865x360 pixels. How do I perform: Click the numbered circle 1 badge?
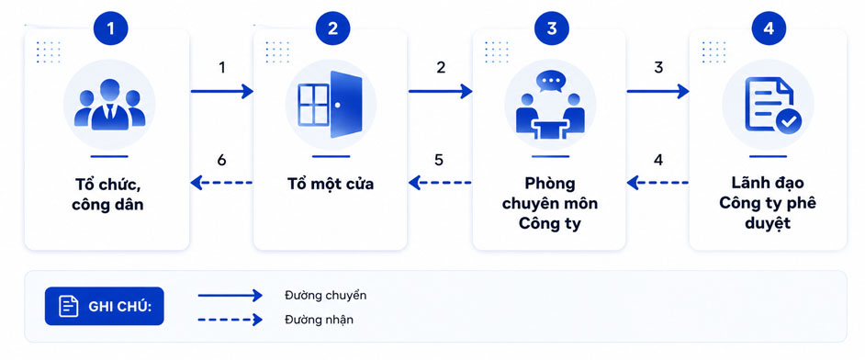[110, 28]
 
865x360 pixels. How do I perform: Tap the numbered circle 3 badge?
[551, 28]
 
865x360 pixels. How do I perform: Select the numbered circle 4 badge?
[769, 28]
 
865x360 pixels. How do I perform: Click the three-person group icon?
[110, 105]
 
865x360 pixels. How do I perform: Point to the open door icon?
[330, 105]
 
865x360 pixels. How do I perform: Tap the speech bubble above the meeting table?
[550, 83]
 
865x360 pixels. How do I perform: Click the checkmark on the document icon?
[789, 122]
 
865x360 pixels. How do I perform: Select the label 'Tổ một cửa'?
[330, 184]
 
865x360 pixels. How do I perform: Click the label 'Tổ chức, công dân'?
[108, 194]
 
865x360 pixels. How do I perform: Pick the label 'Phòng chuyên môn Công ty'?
[550, 204]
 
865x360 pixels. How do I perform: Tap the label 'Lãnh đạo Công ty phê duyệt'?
[768, 204]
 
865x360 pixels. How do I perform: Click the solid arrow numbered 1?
[222, 91]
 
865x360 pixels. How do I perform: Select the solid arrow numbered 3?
[658, 91]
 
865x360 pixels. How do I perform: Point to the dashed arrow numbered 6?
[221, 182]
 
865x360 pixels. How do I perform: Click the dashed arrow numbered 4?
[657, 182]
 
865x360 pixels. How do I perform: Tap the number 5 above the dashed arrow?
[439, 160]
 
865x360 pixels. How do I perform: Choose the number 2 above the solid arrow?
[441, 68]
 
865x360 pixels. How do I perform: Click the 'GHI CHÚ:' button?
[105, 306]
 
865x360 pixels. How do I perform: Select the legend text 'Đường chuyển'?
[325, 296]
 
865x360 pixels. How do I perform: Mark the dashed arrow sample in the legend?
[230, 320]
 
